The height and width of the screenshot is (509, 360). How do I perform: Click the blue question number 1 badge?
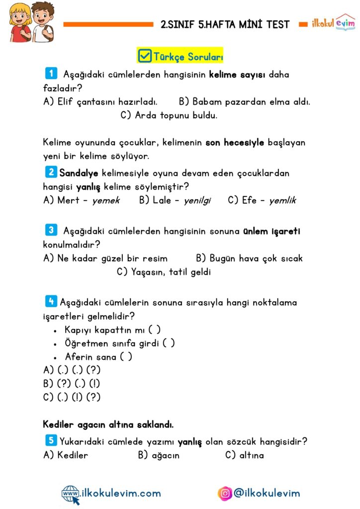51,74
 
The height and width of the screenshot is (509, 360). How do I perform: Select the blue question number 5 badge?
51,440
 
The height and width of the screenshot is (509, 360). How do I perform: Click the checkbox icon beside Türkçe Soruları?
145,55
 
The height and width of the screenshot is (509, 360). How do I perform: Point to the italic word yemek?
106,200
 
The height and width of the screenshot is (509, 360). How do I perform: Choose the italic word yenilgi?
197,200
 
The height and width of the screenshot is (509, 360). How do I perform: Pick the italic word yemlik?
282,200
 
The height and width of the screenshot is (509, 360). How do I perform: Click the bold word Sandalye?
79,173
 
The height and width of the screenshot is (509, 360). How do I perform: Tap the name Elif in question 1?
66,102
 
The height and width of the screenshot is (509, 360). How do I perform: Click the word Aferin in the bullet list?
79,356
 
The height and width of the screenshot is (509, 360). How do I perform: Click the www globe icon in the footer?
70,494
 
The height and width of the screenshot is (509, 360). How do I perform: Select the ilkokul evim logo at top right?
333,23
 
